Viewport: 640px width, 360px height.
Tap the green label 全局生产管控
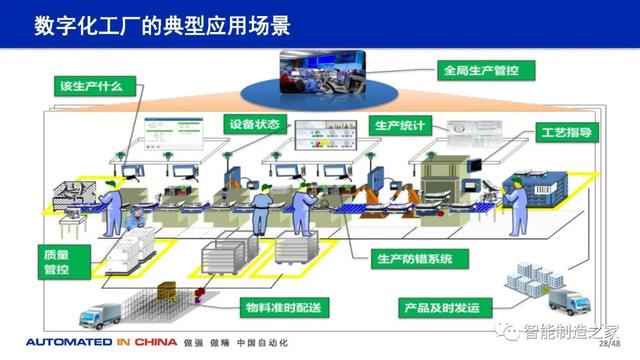point(487,70)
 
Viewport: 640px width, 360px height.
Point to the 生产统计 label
point(403,126)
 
